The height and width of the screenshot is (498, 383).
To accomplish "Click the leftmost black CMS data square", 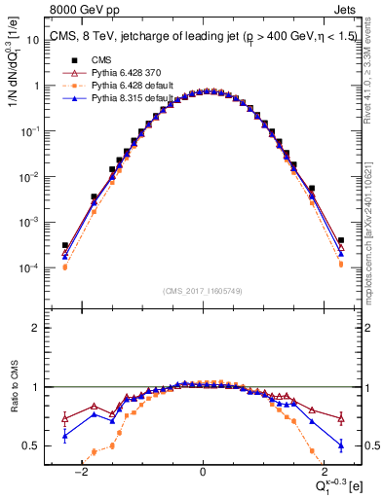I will tap(65, 246).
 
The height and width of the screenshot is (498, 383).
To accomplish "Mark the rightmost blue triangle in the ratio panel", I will tap(340, 445).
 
